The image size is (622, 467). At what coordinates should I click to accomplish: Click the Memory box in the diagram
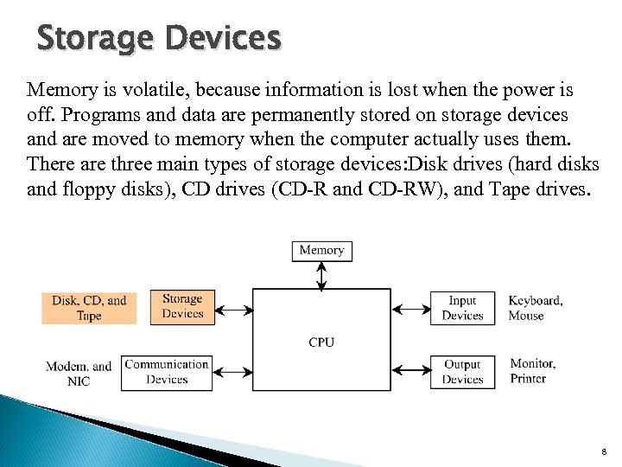click(321, 250)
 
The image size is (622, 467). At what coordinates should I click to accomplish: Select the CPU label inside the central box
click(321, 342)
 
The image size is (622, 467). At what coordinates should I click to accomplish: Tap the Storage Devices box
click(181, 306)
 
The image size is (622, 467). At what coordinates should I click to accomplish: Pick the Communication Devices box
click(167, 372)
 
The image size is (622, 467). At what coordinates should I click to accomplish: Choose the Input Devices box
click(462, 308)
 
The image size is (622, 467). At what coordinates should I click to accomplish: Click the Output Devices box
click(462, 372)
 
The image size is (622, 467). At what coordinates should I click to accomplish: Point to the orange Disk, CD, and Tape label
click(89, 309)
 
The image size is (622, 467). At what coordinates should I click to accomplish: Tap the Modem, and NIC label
click(79, 374)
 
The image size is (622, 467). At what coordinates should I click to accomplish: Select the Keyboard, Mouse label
click(535, 308)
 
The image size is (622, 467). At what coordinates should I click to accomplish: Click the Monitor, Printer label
click(533, 371)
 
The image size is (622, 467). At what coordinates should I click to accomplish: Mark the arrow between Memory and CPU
click(321, 275)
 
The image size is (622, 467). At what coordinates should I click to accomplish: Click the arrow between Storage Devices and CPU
click(232, 309)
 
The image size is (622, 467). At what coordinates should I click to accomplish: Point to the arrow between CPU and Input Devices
click(410, 309)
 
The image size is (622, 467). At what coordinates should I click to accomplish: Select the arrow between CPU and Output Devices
click(410, 372)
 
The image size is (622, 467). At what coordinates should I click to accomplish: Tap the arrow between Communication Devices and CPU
click(232, 372)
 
